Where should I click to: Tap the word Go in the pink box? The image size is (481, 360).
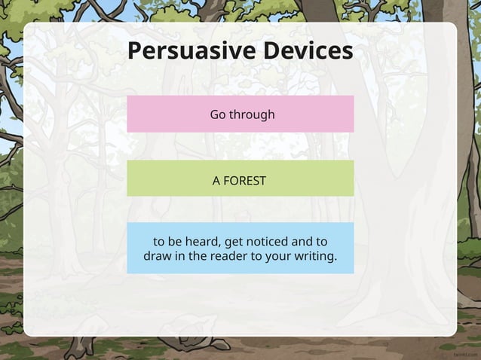click(x=218, y=114)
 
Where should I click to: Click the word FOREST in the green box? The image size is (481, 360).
click(x=246, y=182)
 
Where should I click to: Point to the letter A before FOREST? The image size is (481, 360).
click(x=216, y=182)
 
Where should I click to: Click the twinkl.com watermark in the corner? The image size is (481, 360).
click(x=465, y=352)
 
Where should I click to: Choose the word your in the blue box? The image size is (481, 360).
click(x=283, y=258)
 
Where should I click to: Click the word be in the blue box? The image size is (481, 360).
click(x=177, y=242)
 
